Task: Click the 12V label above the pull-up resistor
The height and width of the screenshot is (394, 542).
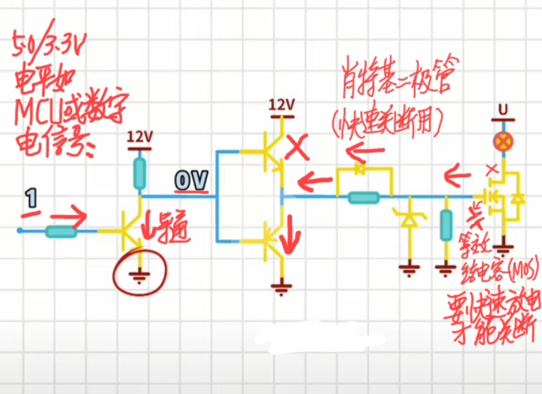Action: pyautogui.click(x=140, y=137)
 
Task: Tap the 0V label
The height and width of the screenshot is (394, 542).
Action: pyautogui.click(x=191, y=180)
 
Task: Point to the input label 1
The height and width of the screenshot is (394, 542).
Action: pyautogui.click(x=31, y=199)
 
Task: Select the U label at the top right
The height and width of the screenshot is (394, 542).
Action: pyautogui.click(x=502, y=110)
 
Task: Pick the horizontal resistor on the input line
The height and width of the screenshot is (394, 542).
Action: pyautogui.click(x=61, y=232)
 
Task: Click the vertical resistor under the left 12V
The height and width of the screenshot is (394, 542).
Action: pyautogui.click(x=140, y=174)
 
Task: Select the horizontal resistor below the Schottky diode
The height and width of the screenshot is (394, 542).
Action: pyautogui.click(x=364, y=198)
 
